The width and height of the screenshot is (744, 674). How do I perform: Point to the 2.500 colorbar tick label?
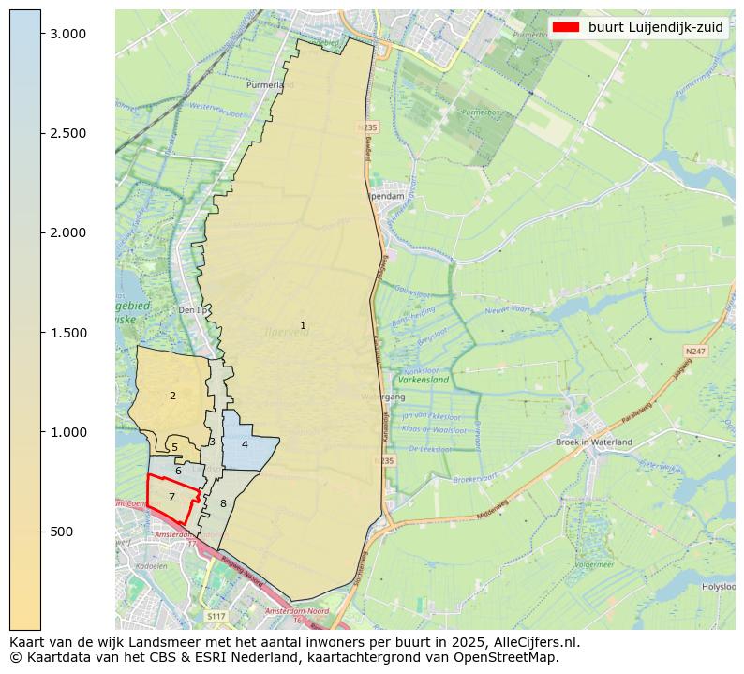(67, 133)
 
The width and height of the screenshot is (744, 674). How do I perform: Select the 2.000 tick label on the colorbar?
(67, 232)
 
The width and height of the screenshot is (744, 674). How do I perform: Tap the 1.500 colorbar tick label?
(67, 333)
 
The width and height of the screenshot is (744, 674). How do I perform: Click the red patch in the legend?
(566, 27)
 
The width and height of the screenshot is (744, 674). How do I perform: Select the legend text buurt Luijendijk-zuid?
(655, 27)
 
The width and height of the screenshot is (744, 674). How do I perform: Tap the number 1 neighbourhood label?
(303, 325)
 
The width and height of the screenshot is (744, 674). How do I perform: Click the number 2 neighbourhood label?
(172, 396)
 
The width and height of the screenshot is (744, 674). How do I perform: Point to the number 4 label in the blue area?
(245, 444)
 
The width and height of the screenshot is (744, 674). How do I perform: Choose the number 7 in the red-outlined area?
(171, 497)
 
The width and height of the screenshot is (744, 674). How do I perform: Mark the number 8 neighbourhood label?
(223, 503)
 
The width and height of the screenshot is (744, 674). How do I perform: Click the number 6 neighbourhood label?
(178, 471)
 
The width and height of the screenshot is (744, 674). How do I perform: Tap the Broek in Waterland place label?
(594, 442)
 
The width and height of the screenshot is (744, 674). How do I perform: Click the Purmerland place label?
(270, 84)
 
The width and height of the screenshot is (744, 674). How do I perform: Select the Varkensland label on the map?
(424, 381)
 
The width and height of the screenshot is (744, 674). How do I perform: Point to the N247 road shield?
(694, 352)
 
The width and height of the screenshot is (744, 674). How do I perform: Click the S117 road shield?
(216, 616)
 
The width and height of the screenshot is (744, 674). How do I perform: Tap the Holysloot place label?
(719, 587)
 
